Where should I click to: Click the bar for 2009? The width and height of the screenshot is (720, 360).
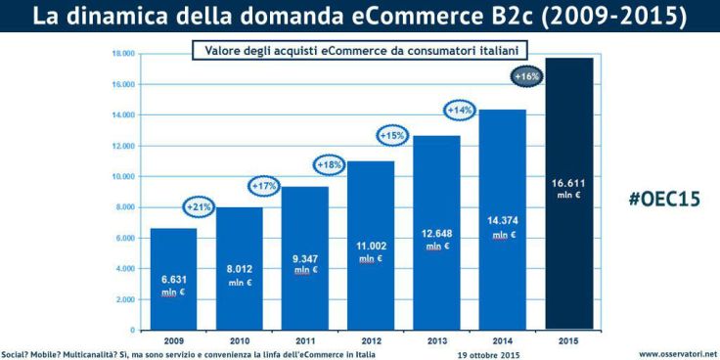(x=172, y=279)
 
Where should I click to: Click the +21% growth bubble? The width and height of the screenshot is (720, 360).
(x=201, y=206)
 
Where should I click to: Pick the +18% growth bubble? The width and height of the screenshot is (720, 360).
(x=330, y=164)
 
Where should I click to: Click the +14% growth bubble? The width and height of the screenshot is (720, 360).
(x=460, y=111)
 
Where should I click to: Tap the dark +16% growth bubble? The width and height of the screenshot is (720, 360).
(x=525, y=75)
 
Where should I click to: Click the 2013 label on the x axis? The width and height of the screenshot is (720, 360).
(x=437, y=339)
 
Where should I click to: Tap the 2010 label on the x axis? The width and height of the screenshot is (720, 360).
(x=239, y=339)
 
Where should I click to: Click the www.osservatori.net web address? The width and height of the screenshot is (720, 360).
(x=678, y=353)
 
